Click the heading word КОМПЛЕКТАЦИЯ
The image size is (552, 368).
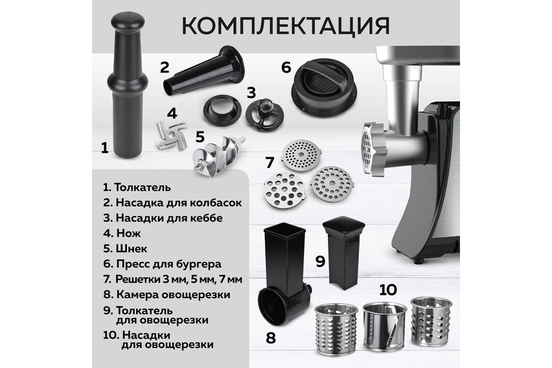click(x=286, y=26)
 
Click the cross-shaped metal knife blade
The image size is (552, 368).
click(x=172, y=135)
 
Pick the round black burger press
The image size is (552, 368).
click(x=324, y=87)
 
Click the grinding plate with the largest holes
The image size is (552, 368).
click(x=285, y=190)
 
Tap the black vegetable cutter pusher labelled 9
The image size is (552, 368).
click(x=344, y=253)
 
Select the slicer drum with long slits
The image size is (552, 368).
click(x=385, y=327)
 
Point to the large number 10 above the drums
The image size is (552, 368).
click(x=388, y=290)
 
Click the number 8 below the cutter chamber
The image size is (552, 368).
click(x=270, y=338)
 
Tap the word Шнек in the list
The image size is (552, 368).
click(x=132, y=249)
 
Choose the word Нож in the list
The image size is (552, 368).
click(x=128, y=233)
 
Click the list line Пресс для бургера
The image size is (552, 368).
click(x=162, y=264)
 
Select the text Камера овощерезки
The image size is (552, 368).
click(x=173, y=295)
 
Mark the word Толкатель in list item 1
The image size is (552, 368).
click(x=143, y=188)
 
